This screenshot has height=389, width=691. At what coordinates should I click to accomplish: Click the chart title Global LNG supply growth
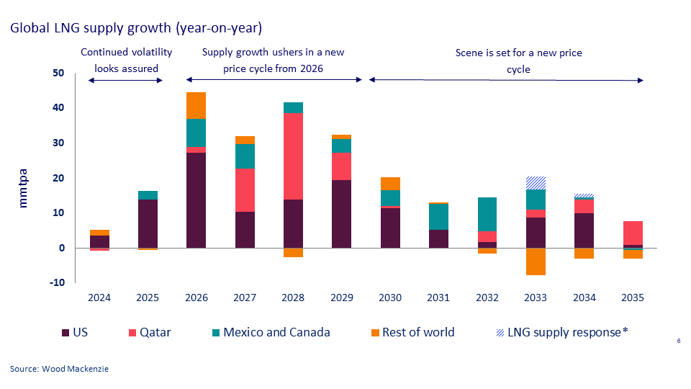coord(135,28)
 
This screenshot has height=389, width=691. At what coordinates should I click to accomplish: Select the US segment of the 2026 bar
coord(196,200)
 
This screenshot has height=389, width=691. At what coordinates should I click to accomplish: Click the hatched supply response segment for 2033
coord(536,183)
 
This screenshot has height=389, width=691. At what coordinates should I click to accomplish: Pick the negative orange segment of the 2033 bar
coord(536,261)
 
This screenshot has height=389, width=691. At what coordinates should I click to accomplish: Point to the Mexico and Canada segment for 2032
coord(487,214)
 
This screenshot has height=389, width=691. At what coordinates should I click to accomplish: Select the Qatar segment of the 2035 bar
coord(633,233)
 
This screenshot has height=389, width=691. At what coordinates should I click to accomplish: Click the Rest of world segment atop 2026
coord(196,105)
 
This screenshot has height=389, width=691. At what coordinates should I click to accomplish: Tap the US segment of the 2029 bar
coord(341,213)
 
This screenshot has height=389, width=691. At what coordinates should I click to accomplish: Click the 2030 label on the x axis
coord(390,298)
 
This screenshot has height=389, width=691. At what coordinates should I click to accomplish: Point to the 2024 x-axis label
coord(99,298)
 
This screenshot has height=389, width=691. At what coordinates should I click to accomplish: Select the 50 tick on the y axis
coord(58,73)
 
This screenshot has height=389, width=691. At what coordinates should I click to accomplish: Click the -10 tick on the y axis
coord(57,282)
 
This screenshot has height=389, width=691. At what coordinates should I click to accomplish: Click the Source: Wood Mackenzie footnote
coord(59,369)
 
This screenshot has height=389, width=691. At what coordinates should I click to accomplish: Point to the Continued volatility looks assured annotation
coord(127,61)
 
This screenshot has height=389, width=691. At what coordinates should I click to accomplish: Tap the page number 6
coord(679,341)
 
